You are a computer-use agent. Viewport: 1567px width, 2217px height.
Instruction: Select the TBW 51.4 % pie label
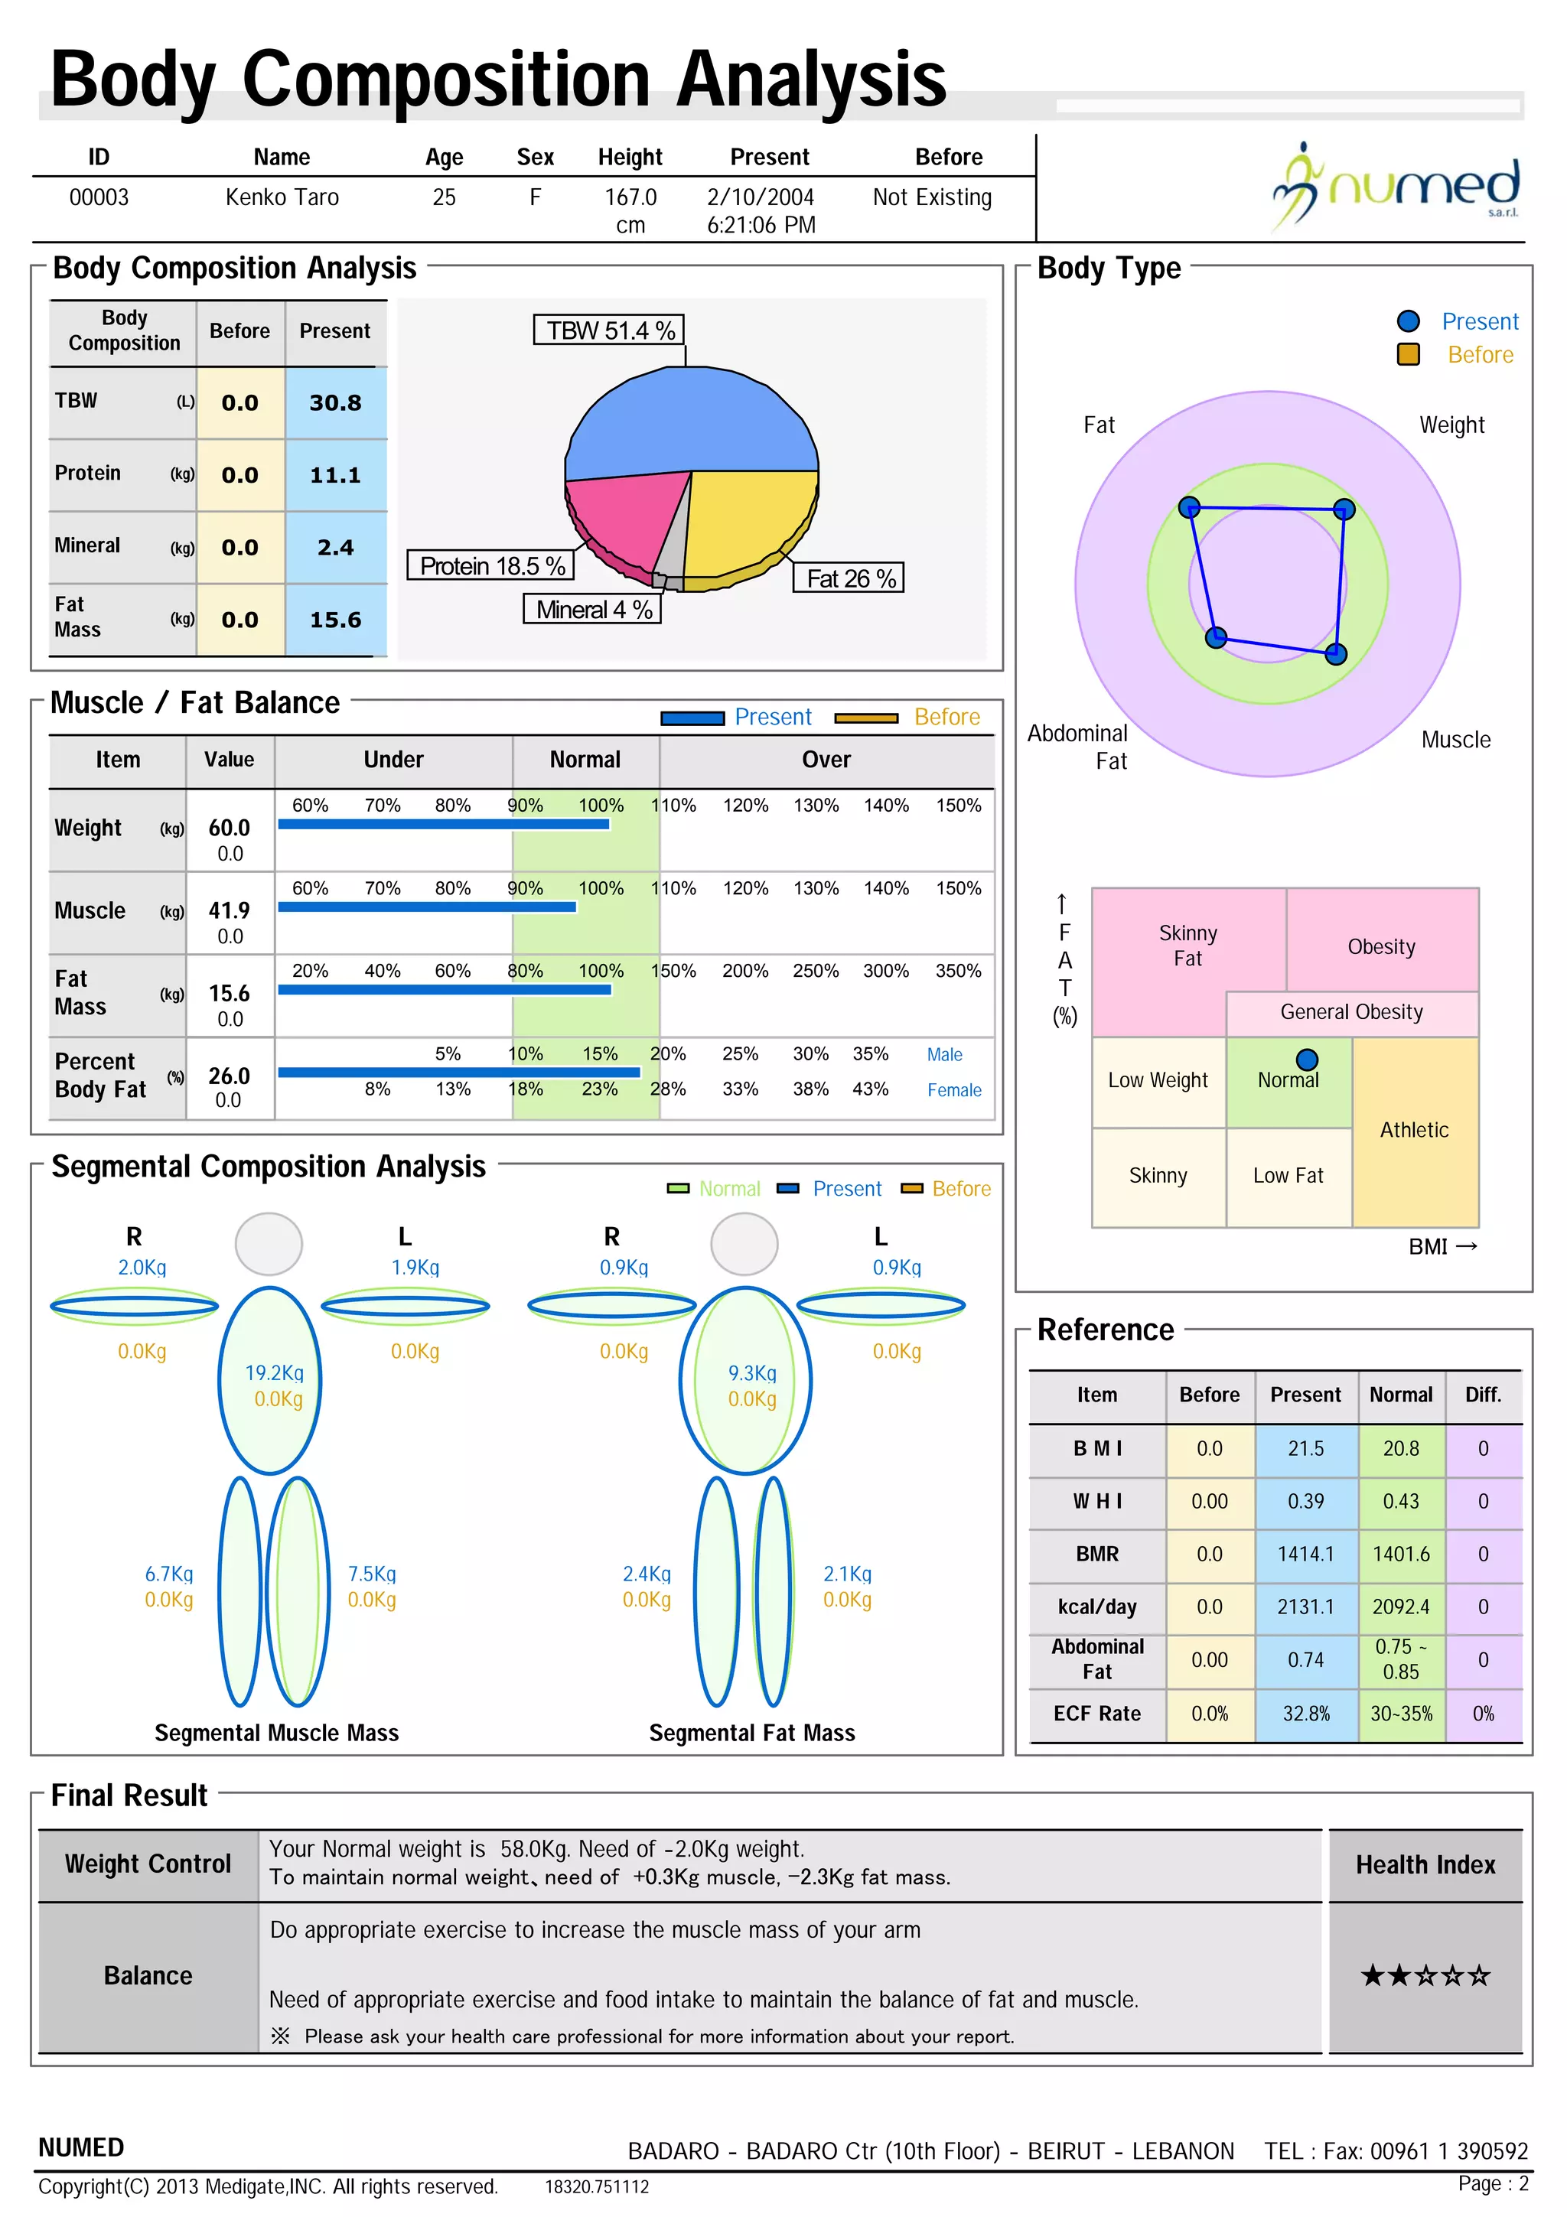(609, 330)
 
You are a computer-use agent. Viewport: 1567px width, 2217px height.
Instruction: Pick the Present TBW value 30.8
(335, 402)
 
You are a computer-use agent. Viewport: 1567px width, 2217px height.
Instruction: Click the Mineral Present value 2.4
(335, 548)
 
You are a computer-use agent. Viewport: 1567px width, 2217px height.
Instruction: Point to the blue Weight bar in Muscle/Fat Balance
(443, 824)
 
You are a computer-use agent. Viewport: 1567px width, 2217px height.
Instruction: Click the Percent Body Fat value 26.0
(229, 1076)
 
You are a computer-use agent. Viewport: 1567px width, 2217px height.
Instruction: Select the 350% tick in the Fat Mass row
(958, 971)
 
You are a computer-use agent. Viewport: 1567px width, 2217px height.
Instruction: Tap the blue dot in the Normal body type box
(1306, 1060)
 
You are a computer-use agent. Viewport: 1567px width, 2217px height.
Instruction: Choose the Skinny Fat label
(1187, 946)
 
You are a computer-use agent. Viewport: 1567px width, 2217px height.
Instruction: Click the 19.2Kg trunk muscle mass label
(274, 1373)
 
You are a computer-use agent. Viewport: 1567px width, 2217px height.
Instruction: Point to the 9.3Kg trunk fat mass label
(752, 1373)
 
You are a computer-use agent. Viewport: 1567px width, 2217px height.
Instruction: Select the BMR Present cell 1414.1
(1305, 1554)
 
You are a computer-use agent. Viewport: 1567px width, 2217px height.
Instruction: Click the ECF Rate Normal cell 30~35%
(1401, 1713)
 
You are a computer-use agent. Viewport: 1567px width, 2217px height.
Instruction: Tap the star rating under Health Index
(1425, 1975)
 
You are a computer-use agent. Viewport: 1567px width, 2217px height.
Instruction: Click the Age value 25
(444, 197)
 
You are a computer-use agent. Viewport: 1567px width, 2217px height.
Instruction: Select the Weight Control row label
(148, 1864)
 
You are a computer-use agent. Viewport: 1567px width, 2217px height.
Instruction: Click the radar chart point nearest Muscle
(1335, 654)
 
